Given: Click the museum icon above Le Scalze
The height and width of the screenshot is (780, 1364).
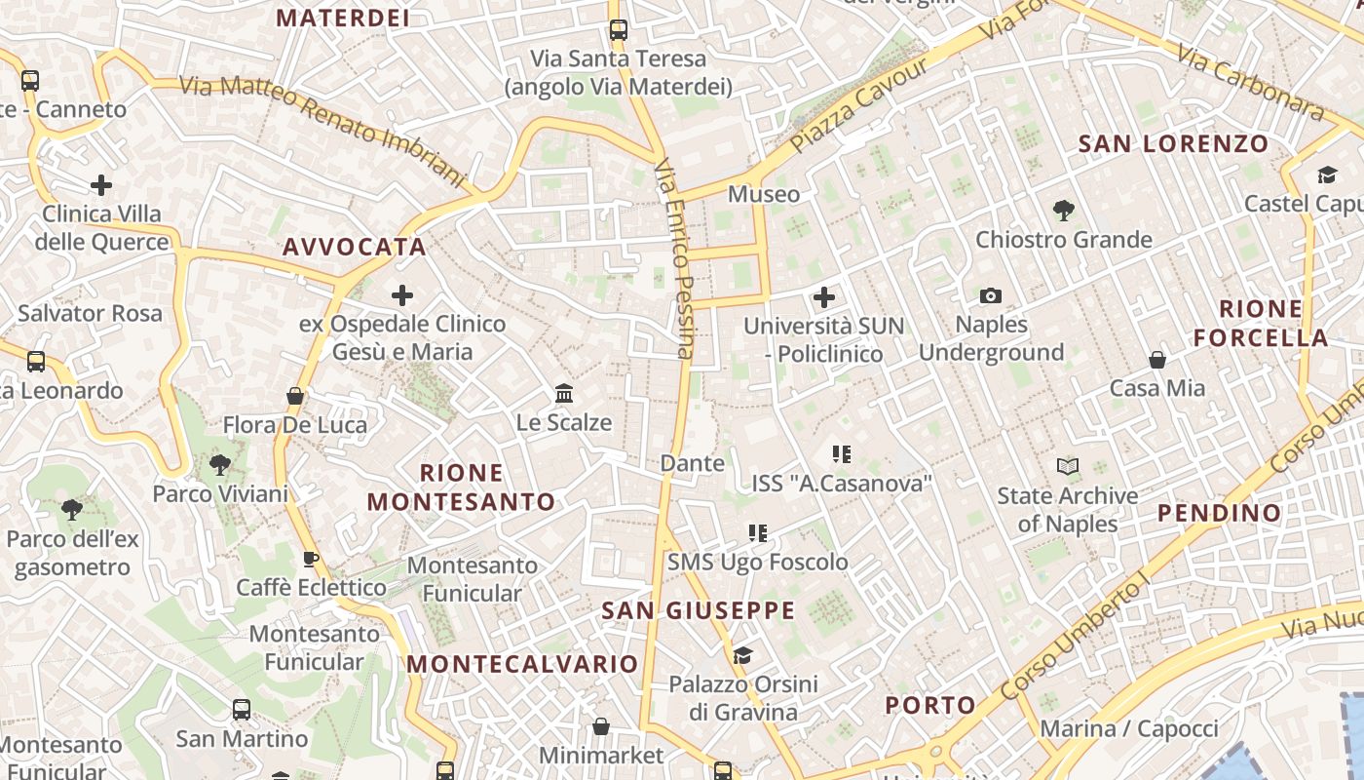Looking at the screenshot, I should pos(564,393).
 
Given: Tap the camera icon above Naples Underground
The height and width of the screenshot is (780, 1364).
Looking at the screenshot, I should pos(991,295).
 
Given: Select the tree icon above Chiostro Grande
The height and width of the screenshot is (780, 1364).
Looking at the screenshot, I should pos(1064,210).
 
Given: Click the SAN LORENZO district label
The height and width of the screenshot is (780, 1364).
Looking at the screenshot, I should pos(1173,144).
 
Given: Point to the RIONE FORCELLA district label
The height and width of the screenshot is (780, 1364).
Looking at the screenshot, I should pos(1261,324).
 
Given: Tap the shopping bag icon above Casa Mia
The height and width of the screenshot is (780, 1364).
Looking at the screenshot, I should pos(1157,360).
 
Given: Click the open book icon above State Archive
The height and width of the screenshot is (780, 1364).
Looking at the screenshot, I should pos(1068,467).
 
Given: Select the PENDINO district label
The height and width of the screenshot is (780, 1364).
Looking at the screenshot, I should pos(1219,513).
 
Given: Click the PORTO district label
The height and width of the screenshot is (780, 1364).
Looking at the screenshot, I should pos(930,705).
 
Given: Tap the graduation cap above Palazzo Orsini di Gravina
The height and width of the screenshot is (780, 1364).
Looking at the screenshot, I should pos(743,655).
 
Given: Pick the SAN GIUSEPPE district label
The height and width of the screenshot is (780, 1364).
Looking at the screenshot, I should pos(699,611).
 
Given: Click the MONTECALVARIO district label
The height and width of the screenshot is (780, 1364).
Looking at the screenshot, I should pos(522,664).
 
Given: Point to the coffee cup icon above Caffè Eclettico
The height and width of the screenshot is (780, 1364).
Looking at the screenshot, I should pos(311,559).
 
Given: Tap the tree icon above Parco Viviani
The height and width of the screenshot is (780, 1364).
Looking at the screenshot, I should pos(220,465).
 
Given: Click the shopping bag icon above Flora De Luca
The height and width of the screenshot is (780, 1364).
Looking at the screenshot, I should pos(295,396).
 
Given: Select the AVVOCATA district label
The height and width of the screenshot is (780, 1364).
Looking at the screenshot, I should pos(355,248).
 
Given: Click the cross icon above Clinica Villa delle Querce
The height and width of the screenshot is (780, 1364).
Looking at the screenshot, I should pos(101,184).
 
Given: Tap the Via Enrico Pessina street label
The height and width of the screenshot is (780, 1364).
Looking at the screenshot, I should pos(676,258).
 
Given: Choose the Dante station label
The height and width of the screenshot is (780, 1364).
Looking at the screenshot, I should pos(693,463).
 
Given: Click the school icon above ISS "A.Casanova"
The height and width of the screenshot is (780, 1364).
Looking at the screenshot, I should pos(842,453).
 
